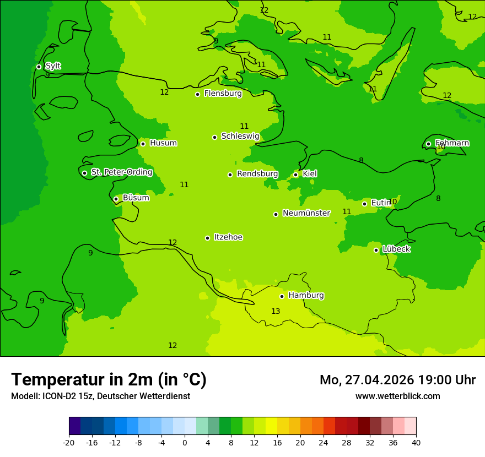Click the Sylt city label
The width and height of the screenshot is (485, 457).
tap(53, 66)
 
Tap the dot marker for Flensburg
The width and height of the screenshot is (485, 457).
tap(197, 94)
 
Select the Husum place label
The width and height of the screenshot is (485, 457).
tap(163, 143)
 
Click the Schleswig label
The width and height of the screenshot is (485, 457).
tap(240, 136)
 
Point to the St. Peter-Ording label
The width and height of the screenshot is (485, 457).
tap(121, 172)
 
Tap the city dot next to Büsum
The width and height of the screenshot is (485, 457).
tap(116, 199)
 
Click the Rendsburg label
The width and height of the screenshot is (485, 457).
tap(257, 174)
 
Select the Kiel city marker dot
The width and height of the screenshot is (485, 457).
tap(295, 175)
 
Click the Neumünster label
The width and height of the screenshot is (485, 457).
tap(306, 213)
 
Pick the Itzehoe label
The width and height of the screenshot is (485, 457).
tap(228, 237)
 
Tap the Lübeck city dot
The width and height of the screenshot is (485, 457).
tap(376, 250)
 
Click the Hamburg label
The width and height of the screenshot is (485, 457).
tap(306, 296)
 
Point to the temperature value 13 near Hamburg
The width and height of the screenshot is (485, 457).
tap(276, 312)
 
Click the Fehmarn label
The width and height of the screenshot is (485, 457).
tap(452, 143)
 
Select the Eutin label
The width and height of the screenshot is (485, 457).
tap(380, 203)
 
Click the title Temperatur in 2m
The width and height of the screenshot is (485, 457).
tap(109, 380)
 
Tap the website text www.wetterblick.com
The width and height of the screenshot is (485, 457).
tap(397, 396)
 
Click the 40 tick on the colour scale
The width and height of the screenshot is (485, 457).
tap(416, 442)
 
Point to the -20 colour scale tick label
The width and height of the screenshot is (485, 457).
tap(68, 442)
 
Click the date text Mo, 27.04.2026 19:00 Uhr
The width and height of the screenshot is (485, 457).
tap(397, 380)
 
